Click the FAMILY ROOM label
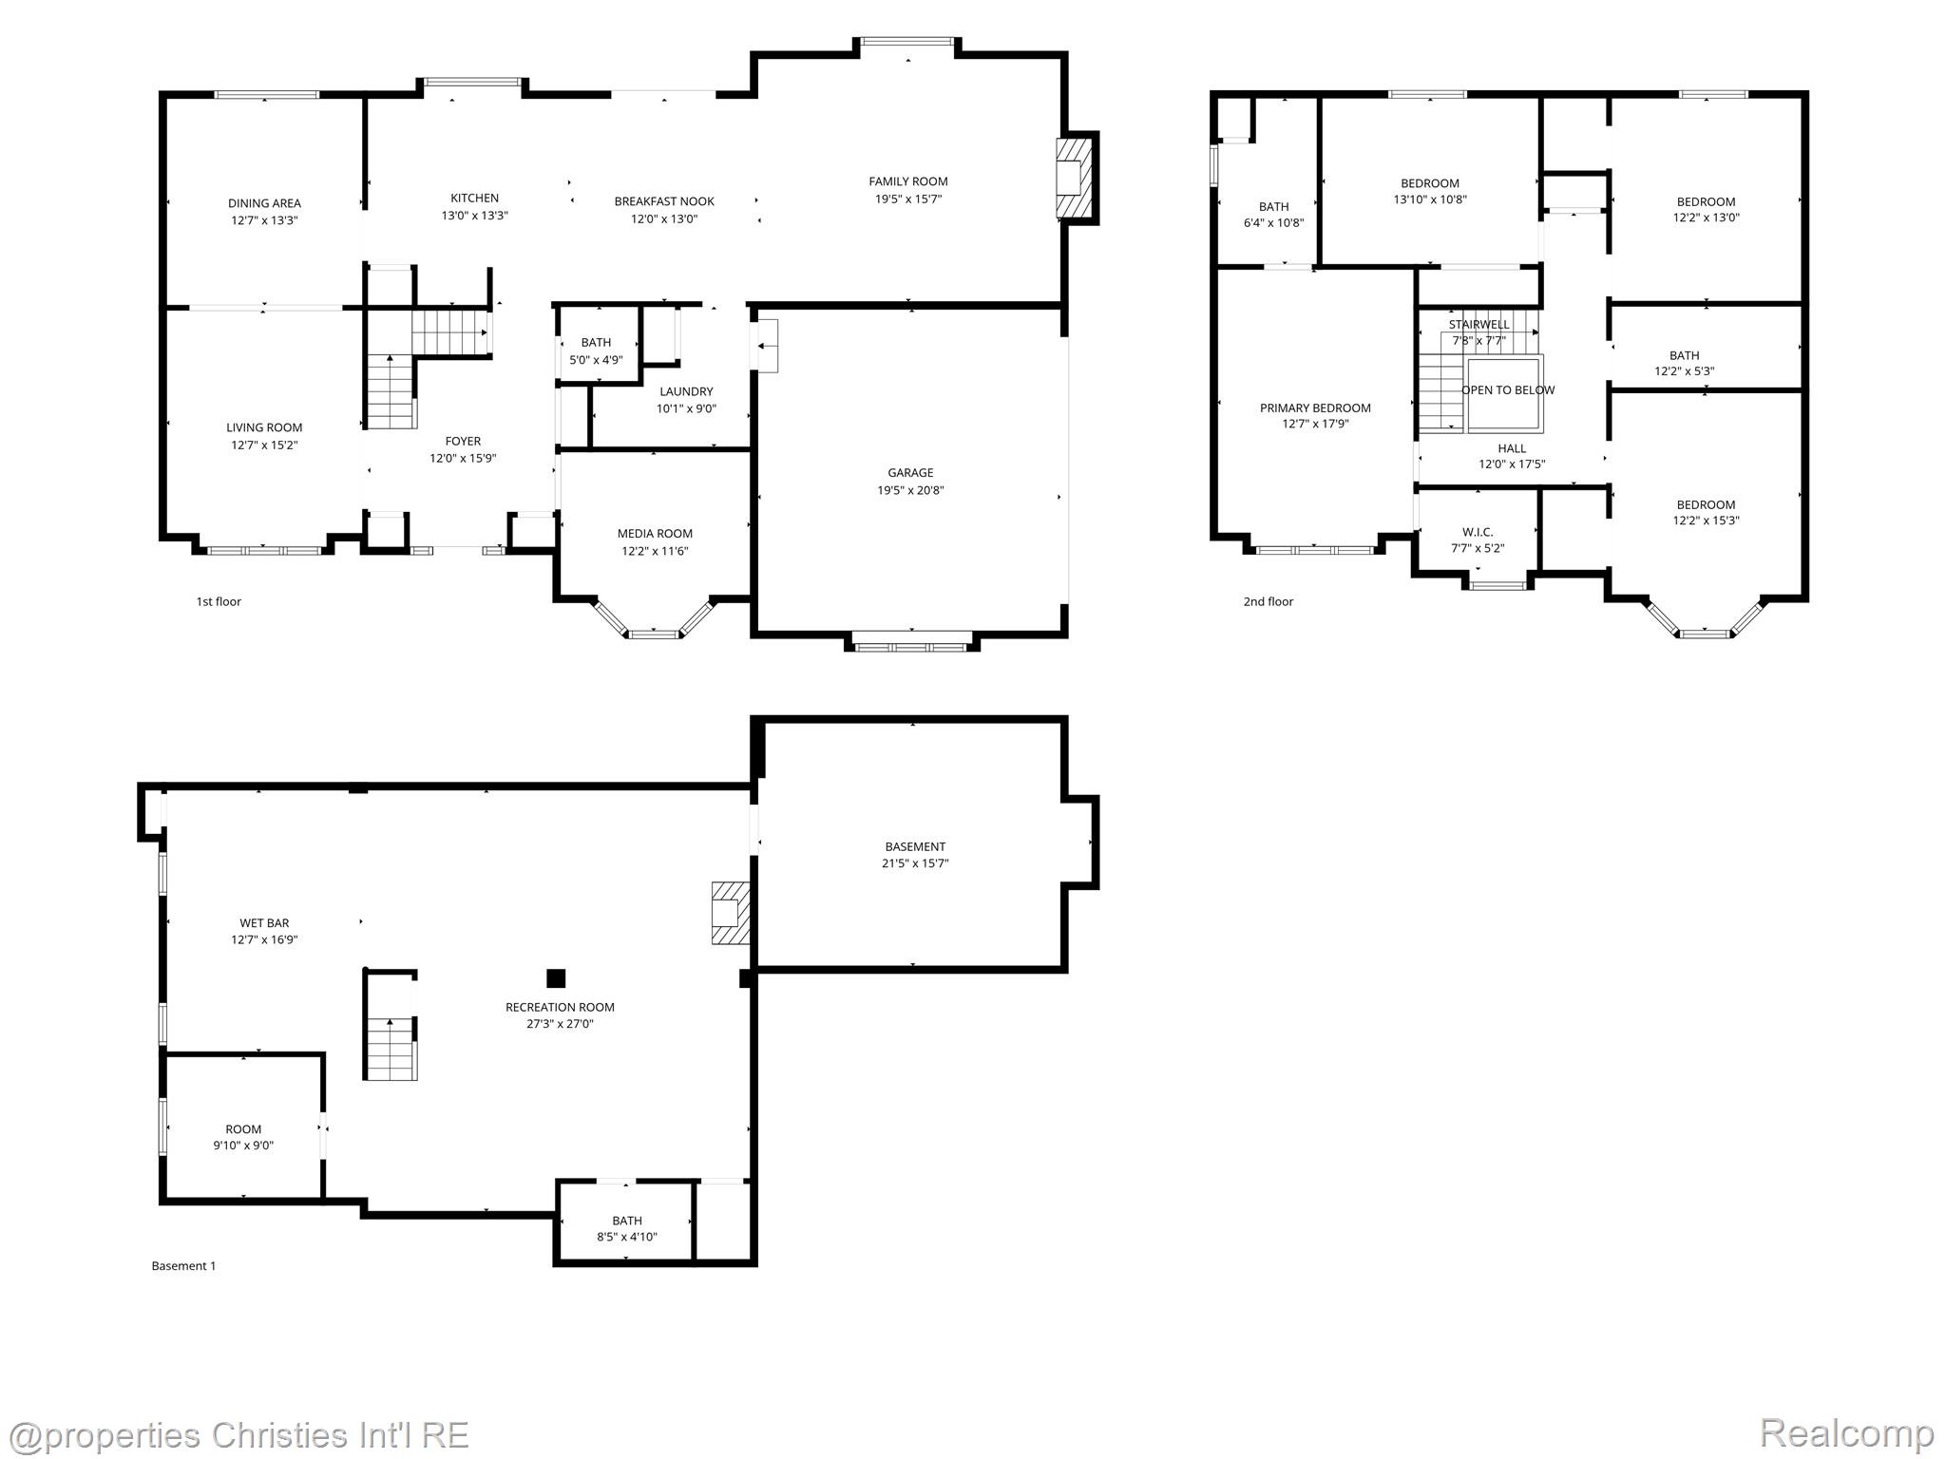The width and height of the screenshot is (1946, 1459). [907, 181]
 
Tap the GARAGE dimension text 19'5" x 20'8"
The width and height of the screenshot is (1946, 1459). [910, 490]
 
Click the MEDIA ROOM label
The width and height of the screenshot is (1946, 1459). [655, 534]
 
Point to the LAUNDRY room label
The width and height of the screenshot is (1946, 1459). [686, 391]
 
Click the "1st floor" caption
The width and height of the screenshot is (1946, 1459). [219, 601]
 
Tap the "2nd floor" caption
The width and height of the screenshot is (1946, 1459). [1268, 601]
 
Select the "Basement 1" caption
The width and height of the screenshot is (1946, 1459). [183, 1265]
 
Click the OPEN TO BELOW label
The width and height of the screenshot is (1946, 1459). [1508, 390]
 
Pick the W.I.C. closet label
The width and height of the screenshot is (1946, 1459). [1478, 532]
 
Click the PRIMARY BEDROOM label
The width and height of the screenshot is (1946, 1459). [1315, 408]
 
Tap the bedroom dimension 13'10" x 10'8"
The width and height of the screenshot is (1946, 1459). [1429, 199]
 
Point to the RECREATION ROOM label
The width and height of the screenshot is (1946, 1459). [560, 1007]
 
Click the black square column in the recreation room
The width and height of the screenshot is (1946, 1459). [556, 978]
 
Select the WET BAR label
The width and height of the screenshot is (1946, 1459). [264, 923]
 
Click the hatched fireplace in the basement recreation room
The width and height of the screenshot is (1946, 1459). [730, 913]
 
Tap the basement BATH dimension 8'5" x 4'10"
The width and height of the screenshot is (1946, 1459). [626, 1237]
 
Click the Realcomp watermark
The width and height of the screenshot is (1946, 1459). [1846, 1432]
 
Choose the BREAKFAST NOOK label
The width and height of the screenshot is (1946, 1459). [664, 201]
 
